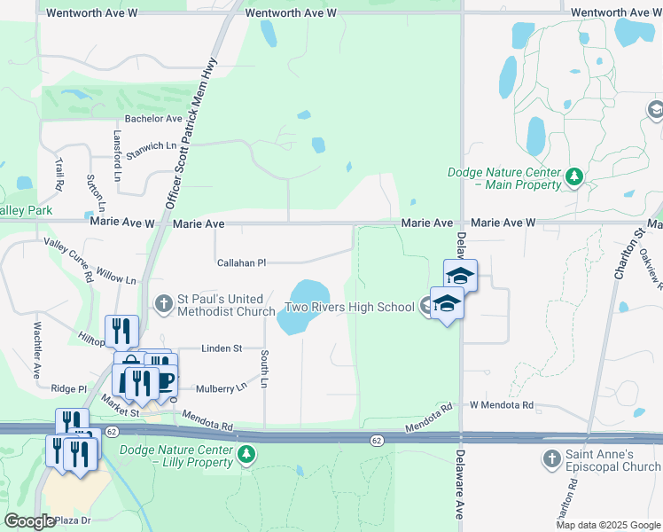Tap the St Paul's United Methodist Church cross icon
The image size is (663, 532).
[x=163, y=304]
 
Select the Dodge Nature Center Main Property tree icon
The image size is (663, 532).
[x=574, y=177]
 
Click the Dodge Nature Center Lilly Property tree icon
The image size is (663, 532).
[x=247, y=455]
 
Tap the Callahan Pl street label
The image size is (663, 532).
[x=242, y=262]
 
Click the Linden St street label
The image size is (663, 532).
[x=222, y=348]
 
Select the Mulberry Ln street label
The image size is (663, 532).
[x=222, y=388]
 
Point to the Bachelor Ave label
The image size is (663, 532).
[x=153, y=118]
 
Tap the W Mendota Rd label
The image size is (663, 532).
[x=502, y=405]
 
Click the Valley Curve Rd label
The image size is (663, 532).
[x=69, y=259]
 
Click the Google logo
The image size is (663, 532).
[x=29, y=520]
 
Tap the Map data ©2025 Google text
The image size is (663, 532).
[x=607, y=525]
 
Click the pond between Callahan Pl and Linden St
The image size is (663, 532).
[x=302, y=308]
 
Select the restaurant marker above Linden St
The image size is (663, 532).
[x=121, y=331]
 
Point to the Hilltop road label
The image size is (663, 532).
[x=92, y=338]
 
